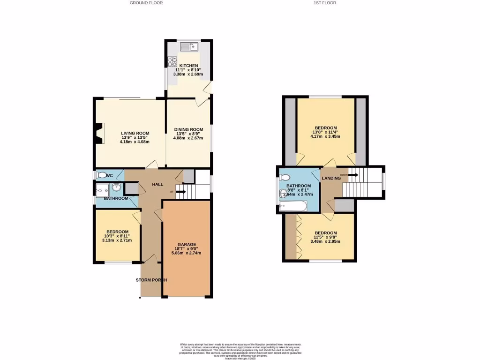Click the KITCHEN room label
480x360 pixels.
pyautogui.click(x=189, y=66)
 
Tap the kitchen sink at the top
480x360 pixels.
pyautogui.click(x=189, y=46)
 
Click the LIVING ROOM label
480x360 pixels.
pyautogui.click(x=121, y=133)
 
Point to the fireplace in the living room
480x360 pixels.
pyautogui.click(x=97, y=132)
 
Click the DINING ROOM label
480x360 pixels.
pyautogui.click(x=188, y=129)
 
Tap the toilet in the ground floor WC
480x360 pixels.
pyautogui.click(x=100, y=175)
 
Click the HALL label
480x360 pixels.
pyautogui.click(x=157, y=184)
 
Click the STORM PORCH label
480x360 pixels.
pyautogui.click(x=151, y=280)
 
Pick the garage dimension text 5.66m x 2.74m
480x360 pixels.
pyautogui.click(x=186, y=253)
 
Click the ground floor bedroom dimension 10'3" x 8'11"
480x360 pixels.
pyautogui.click(x=117, y=236)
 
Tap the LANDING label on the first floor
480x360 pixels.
pyautogui.click(x=331, y=178)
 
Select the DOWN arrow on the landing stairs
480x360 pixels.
pyautogui.click(x=352, y=175)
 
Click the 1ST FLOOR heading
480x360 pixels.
pyautogui.click(x=324, y=3)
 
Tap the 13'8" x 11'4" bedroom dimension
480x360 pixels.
pyautogui.click(x=325, y=132)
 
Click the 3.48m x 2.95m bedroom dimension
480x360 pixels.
pyautogui.click(x=325, y=242)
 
